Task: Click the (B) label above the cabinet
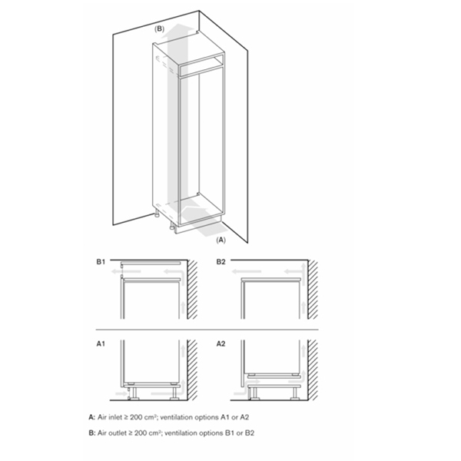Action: coord(159,28)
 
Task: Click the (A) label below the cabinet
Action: coord(221,240)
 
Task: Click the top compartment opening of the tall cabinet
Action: coord(201,65)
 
